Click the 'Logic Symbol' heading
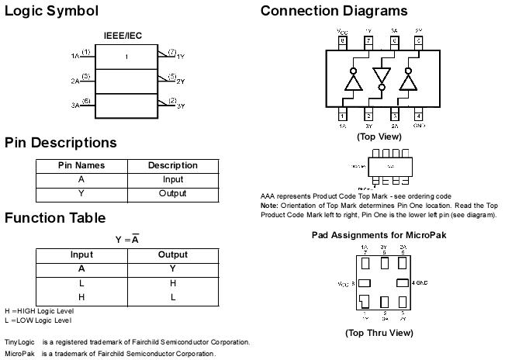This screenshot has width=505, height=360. pos(51,11)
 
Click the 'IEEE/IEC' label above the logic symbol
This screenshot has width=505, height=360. pos(123,36)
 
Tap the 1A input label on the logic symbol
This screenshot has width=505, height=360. pos(75,57)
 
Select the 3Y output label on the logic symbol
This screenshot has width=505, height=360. pos(181,106)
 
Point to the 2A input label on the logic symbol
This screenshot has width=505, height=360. pos(75,81)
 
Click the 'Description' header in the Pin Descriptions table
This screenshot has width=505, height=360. pos(172,165)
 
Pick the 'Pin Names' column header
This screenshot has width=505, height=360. pos(81,165)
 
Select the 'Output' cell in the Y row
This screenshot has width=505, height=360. pos(172,193)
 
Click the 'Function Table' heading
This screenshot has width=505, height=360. pos(55,217)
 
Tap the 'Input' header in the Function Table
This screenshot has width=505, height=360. pos(81,254)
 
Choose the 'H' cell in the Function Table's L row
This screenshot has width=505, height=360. pos(172,283)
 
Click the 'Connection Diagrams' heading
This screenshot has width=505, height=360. pos(334,11)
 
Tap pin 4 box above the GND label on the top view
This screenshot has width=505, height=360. pos(418,116)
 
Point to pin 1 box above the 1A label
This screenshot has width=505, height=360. pos(342,116)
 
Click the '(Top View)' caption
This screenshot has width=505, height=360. pos(379,136)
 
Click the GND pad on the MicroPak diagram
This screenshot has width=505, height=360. pos(402,283)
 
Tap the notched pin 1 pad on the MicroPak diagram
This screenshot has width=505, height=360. pos(365,303)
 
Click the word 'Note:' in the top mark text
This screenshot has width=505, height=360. pos(270,205)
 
